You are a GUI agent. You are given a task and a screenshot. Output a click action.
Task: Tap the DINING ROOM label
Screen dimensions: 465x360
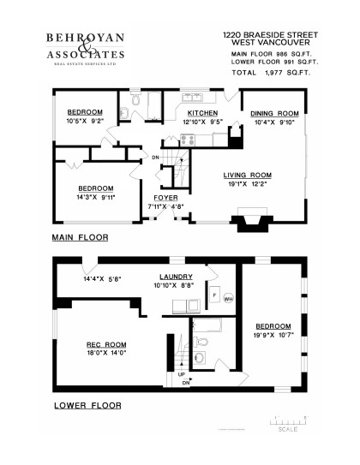coord(274,114)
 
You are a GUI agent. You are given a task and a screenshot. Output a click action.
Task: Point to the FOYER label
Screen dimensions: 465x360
coord(165,197)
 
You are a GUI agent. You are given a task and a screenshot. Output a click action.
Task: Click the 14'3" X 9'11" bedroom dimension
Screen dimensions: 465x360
coord(95,198)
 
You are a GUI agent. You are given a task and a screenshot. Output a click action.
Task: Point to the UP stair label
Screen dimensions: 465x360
coord(181,375)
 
